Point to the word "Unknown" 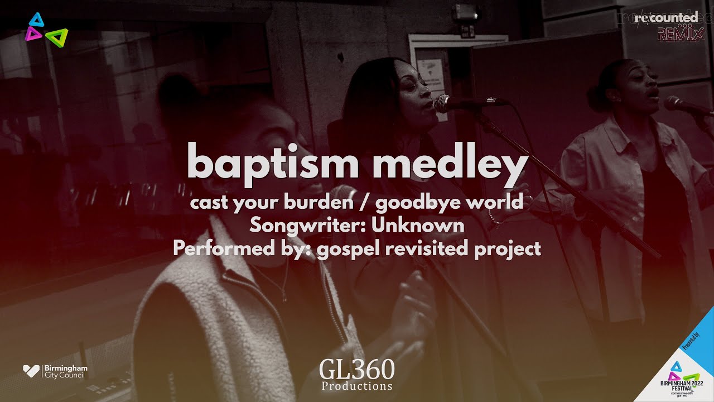pos(418,225)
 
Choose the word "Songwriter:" pos(307,225)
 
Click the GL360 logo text pos(357,369)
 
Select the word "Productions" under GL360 pos(357,386)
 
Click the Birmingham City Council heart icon pos(31,371)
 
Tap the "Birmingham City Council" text pos(65,371)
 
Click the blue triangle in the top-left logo pos(37,20)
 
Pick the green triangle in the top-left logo pos(57,37)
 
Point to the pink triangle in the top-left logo pos(32,34)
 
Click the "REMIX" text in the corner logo pos(680,35)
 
